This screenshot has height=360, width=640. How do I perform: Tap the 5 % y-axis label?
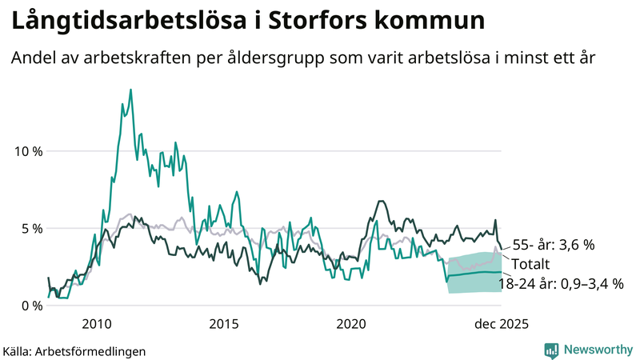point(31,228)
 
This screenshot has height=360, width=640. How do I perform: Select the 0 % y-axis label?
point(31,306)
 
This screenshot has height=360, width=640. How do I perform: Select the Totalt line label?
point(531,264)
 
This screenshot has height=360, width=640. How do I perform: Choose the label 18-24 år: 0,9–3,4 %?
point(560,283)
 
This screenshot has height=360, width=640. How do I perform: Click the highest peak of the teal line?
point(130,90)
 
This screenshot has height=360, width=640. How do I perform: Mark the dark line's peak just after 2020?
point(381,201)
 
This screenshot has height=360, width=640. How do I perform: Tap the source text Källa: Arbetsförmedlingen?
point(63,350)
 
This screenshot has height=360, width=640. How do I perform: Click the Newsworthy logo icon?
point(551,350)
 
